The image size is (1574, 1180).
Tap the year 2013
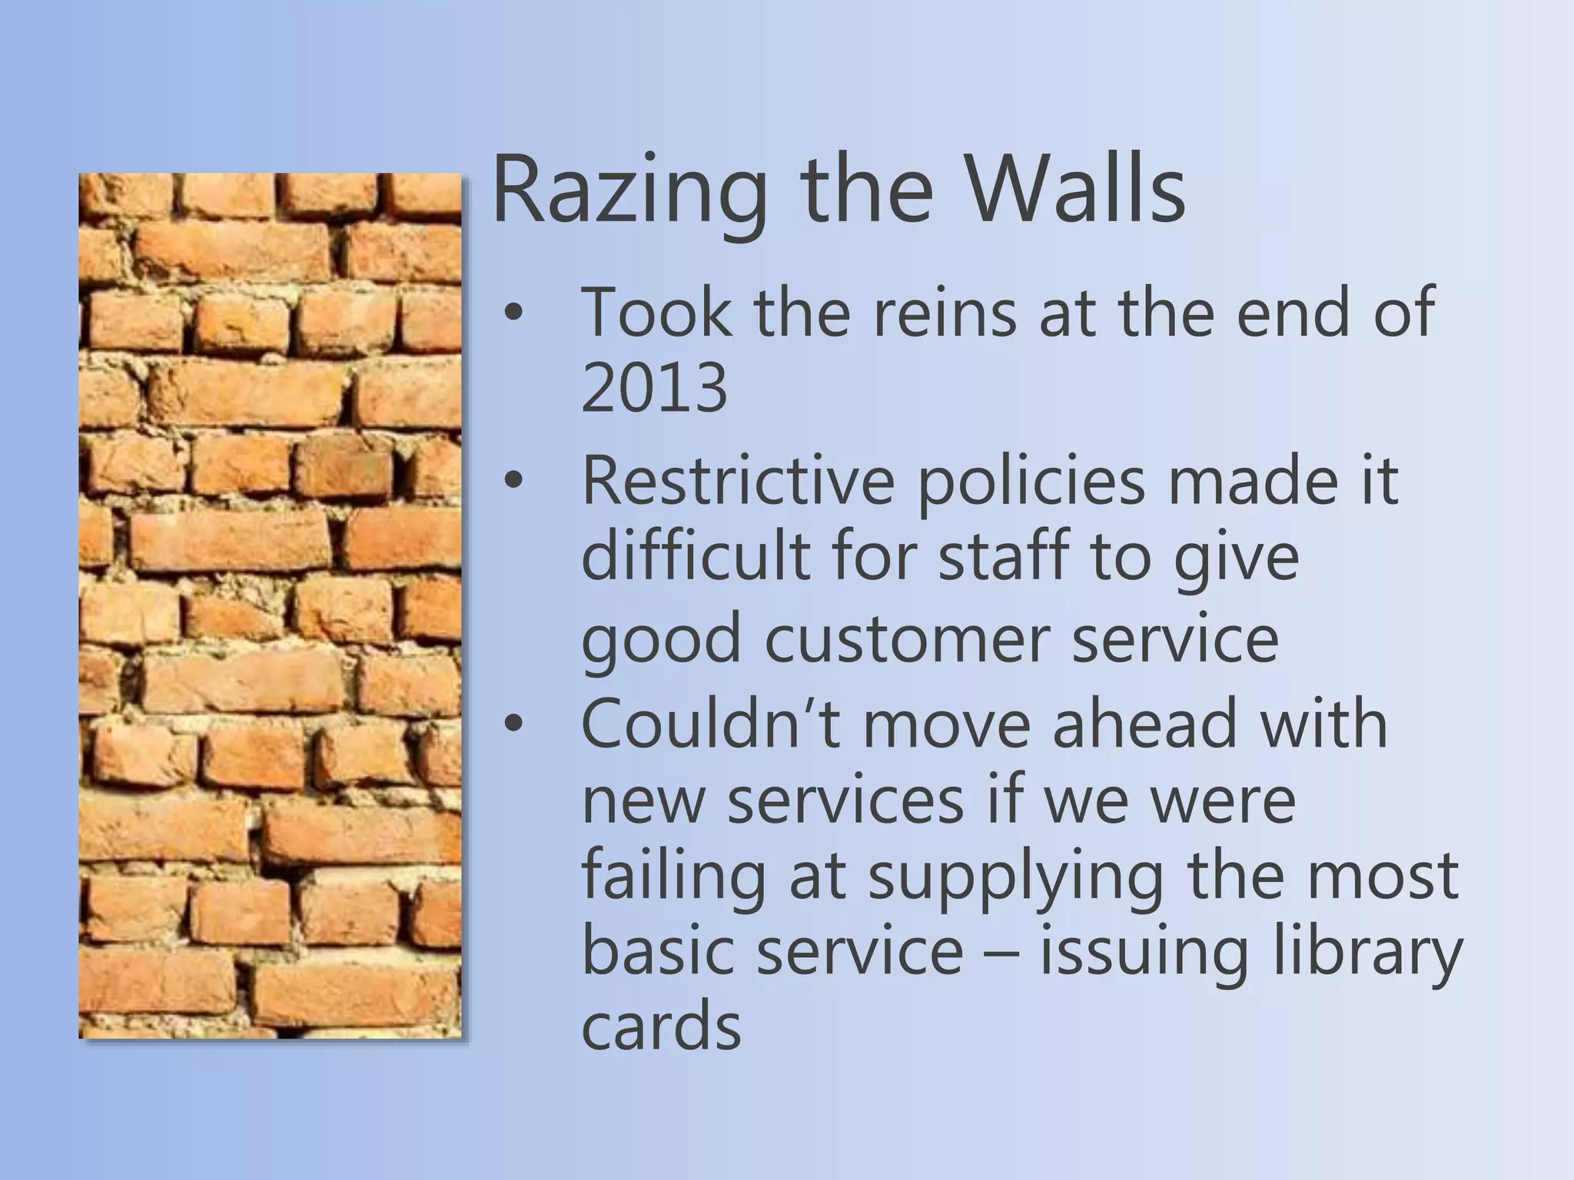654,387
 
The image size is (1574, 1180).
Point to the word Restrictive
738,481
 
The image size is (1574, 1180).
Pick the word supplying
1015,877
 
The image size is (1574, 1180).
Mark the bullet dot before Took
513,313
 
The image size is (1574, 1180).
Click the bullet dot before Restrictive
513,482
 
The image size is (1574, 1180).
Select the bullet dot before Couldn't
513,725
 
